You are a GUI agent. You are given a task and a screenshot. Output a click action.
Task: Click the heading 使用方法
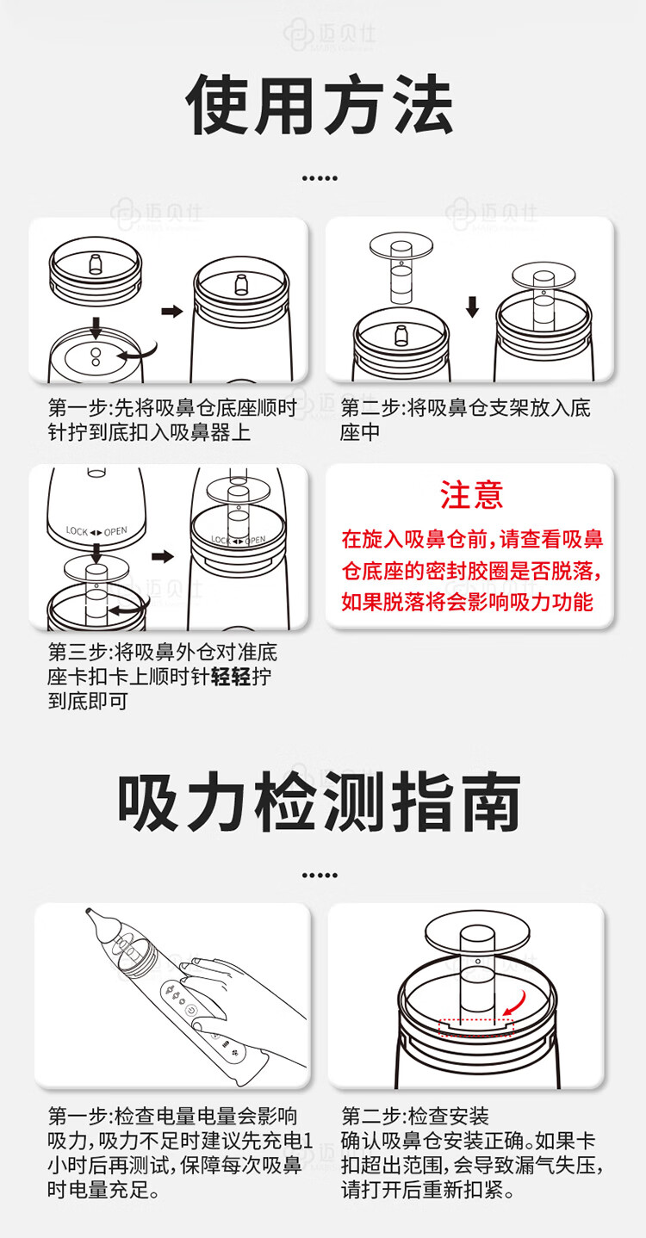[x=320, y=104]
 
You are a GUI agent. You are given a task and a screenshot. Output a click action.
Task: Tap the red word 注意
[x=471, y=495]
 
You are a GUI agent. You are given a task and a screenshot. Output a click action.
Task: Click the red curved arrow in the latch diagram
[x=514, y=1003]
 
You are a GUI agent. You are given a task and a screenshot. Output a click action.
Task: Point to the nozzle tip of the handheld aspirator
[x=89, y=910]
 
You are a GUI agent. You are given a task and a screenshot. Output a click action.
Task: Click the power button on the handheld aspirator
[x=191, y=1010]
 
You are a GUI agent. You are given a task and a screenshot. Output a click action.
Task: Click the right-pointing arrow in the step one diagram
[x=172, y=311]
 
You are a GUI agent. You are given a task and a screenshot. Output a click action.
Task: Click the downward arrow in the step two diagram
[x=472, y=307]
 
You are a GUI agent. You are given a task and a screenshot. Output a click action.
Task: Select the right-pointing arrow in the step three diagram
[x=163, y=556]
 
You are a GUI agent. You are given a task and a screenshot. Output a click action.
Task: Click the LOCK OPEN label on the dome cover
[x=96, y=531]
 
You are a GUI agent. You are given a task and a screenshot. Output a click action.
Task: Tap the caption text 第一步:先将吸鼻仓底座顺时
[x=172, y=408]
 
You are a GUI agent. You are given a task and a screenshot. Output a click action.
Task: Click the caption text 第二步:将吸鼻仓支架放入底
[x=466, y=408]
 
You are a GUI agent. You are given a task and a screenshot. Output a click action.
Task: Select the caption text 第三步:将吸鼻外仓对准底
[x=163, y=653]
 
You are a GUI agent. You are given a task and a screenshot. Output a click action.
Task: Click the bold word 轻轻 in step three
[x=231, y=677]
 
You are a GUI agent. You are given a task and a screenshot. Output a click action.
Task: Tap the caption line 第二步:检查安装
[x=415, y=1117]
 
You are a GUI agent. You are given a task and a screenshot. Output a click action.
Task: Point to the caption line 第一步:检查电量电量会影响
[x=172, y=1117]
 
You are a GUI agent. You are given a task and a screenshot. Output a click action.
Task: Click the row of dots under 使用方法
[x=320, y=178]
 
